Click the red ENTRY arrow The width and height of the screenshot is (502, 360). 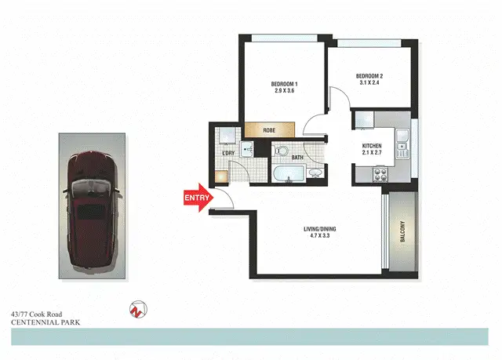pyautogui.click(x=197, y=198)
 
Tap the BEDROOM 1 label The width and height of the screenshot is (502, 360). pyautogui.click(x=285, y=84)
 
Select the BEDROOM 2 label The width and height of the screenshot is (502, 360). pyautogui.click(x=371, y=75)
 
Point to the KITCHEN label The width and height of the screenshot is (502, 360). pyautogui.click(x=372, y=147)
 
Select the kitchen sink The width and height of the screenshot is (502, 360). pyautogui.click(x=402, y=143)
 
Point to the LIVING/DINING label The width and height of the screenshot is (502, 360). pyautogui.click(x=320, y=230)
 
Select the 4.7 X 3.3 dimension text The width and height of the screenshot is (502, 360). pyautogui.click(x=320, y=238)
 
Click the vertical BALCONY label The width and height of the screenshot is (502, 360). pyautogui.click(x=402, y=233)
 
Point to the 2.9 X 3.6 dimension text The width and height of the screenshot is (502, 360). pyautogui.click(x=285, y=92)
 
